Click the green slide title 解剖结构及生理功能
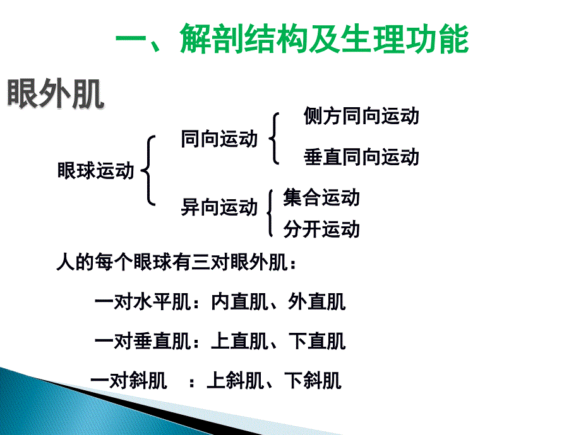pos(325,39)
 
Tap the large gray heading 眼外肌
pos(55,94)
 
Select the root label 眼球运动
pos(95,171)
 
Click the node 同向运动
pos(219,139)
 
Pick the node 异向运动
pos(219,207)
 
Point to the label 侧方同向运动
pos(361,116)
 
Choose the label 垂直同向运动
pos(361,157)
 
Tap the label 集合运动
pos(321,197)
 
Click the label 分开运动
pos(321,229)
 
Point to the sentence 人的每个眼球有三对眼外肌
pos(172,262)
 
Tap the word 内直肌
pos(240,302)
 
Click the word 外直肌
pos(317,302)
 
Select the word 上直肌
pos(240,341)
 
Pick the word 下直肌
pos(317,341)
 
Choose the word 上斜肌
pos(236,381)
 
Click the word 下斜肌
pos(313,381)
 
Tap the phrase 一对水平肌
pos(143,302)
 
